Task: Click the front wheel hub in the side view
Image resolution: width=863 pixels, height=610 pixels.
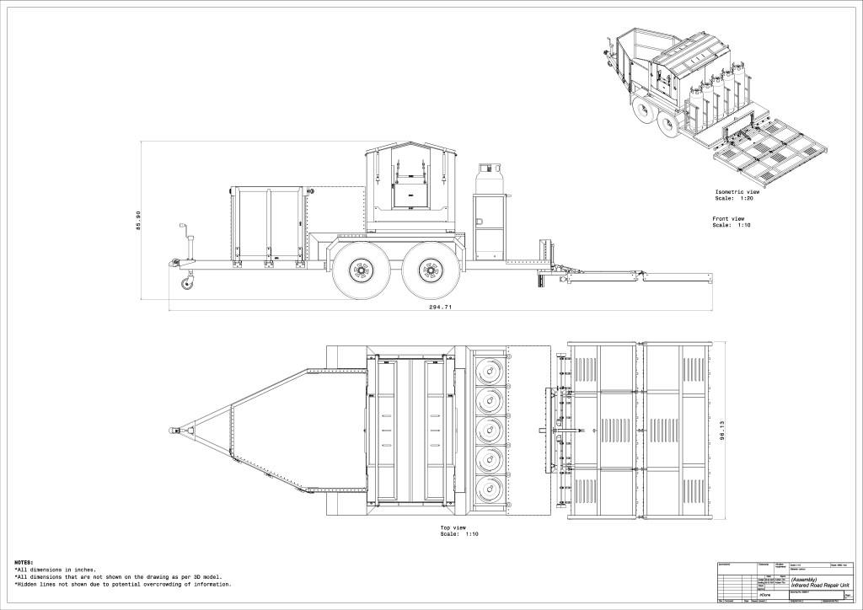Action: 361,271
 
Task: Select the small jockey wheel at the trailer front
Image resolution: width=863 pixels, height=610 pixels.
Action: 185,285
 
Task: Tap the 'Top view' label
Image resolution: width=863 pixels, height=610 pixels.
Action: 453,527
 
